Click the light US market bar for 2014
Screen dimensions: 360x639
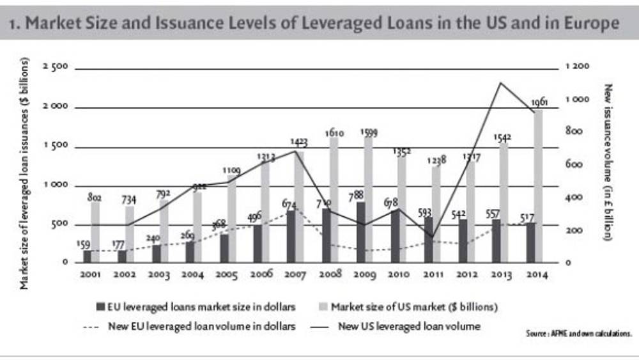539,185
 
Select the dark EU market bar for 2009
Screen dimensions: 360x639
362,232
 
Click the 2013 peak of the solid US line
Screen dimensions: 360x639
500,82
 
